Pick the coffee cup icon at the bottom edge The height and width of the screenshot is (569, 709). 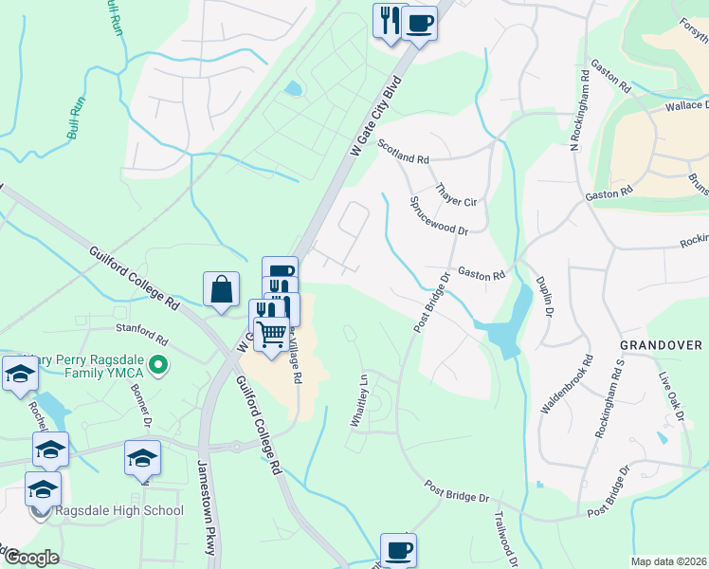click(398, 549)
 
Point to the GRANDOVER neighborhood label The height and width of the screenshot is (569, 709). click(661, 345)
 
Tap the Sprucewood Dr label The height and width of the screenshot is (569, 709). click(438, 217)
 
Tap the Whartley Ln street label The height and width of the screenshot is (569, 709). click(359, 400)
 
